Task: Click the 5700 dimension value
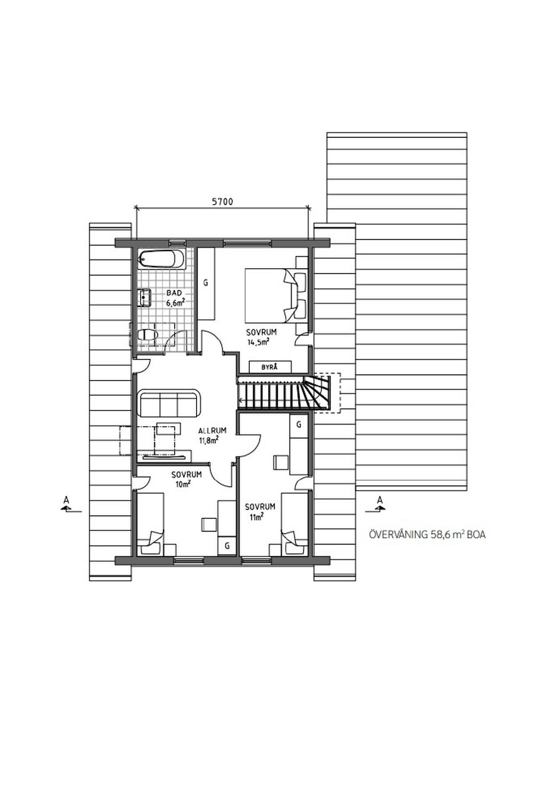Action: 222,202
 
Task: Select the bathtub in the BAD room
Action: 161,259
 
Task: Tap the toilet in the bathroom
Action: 147,335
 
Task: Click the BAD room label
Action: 174,293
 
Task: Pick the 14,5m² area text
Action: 258,343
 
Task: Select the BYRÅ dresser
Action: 270,367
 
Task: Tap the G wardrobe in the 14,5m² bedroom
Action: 206,283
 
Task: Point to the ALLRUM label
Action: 212,431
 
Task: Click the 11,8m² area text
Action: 209,440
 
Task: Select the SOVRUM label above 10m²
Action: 186,474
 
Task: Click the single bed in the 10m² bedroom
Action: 150,523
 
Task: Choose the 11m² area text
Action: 256,517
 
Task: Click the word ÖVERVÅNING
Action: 398,535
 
